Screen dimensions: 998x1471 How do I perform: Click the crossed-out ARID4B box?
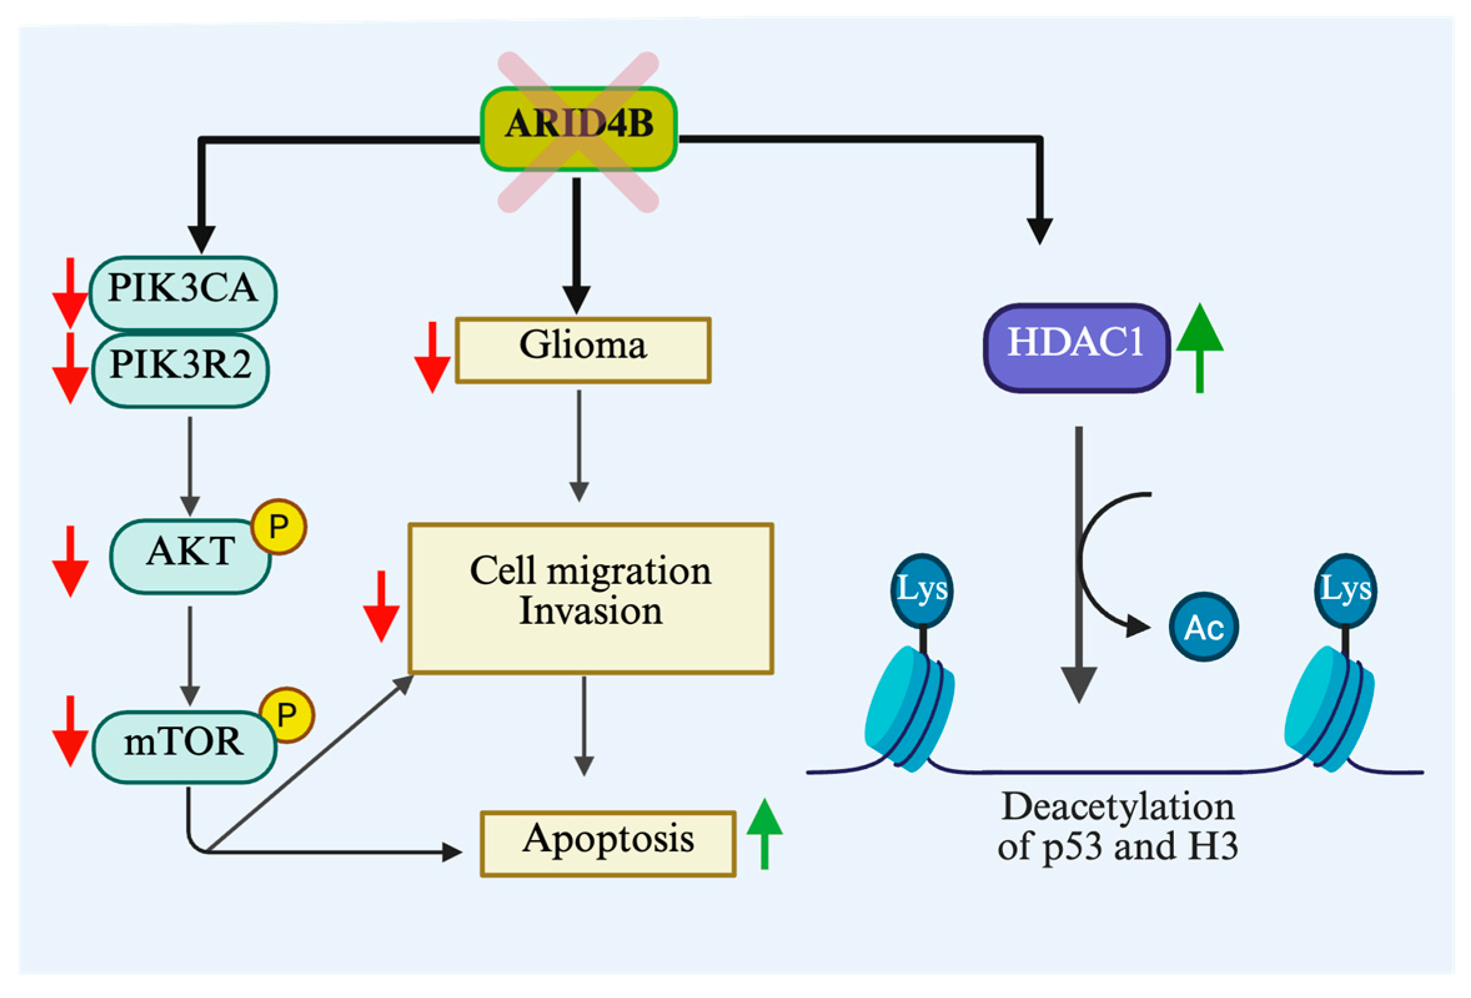click(579, 129)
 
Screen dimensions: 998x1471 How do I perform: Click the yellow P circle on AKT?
click(278, 527)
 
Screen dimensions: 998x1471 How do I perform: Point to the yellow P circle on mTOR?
click(286, 715)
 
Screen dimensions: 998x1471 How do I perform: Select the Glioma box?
click(582, 350)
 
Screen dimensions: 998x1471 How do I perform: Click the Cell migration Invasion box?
click(590, 597)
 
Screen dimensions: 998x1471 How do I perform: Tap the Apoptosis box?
click(607, 843)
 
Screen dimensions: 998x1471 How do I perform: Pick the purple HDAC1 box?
click(1075, 348)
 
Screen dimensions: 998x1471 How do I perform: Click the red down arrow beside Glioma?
click(433, 358)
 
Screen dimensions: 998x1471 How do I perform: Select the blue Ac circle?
click(1203, 627)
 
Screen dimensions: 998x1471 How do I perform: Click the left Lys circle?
click(922, 590)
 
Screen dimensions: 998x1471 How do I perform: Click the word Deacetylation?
click(1117, 808)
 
